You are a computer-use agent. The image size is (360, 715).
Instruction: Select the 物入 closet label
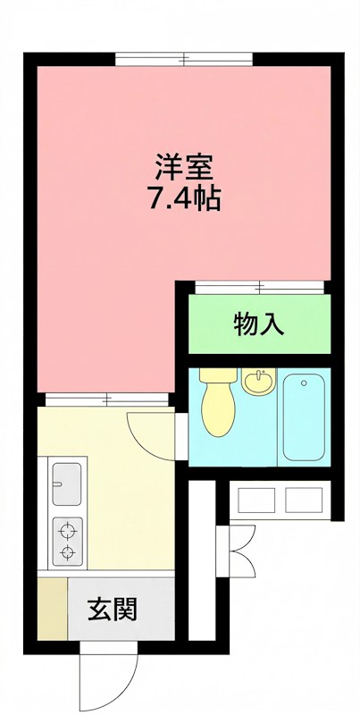click(259, 324)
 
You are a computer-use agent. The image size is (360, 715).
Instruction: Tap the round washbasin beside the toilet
click(259, 383)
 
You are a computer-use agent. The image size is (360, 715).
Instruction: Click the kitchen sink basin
click(67, 484)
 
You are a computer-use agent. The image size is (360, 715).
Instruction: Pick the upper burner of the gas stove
click(67, 529)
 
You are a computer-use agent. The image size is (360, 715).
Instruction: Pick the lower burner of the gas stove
click(67, 553)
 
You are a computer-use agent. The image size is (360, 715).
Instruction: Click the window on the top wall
click(185, 60)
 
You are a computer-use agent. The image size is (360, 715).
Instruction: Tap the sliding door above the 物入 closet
click(258, 288)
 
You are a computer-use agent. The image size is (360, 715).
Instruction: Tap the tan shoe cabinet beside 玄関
click(53, 610)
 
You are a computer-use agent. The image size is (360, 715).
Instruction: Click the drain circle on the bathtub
click(305, 385)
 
